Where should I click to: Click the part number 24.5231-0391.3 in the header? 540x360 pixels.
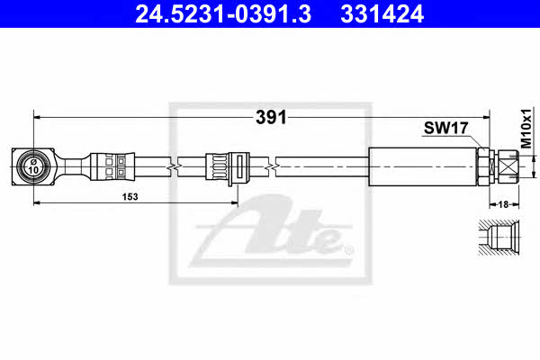223,13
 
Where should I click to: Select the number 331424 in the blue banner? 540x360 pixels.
382,13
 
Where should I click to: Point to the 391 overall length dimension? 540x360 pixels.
271,118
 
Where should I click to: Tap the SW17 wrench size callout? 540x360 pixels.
445,128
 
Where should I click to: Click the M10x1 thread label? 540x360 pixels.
526,129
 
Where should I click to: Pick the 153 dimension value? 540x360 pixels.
130,197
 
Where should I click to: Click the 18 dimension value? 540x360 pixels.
503,204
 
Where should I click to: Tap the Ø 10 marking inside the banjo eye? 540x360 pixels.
33,166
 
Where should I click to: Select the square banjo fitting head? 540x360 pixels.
33,166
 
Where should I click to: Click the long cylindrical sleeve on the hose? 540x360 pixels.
423,166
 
